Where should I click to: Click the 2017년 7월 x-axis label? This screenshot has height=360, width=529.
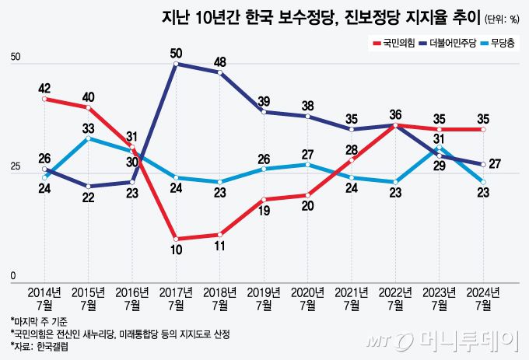click(177, 299)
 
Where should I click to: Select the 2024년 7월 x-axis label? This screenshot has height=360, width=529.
click(483, 299)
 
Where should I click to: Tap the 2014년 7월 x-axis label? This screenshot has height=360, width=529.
click(45, 299)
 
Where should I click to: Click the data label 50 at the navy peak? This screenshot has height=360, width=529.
click(177, 53)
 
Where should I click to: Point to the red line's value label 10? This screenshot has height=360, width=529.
click(177, 250)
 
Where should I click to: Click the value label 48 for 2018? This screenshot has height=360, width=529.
click(220, 61)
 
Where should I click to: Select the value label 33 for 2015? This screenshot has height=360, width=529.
click(89, 128)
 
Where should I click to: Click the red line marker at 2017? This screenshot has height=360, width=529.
click(177, 239)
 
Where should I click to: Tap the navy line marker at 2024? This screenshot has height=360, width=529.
click(483, 164)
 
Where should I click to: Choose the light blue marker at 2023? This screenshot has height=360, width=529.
click(440, 147)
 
